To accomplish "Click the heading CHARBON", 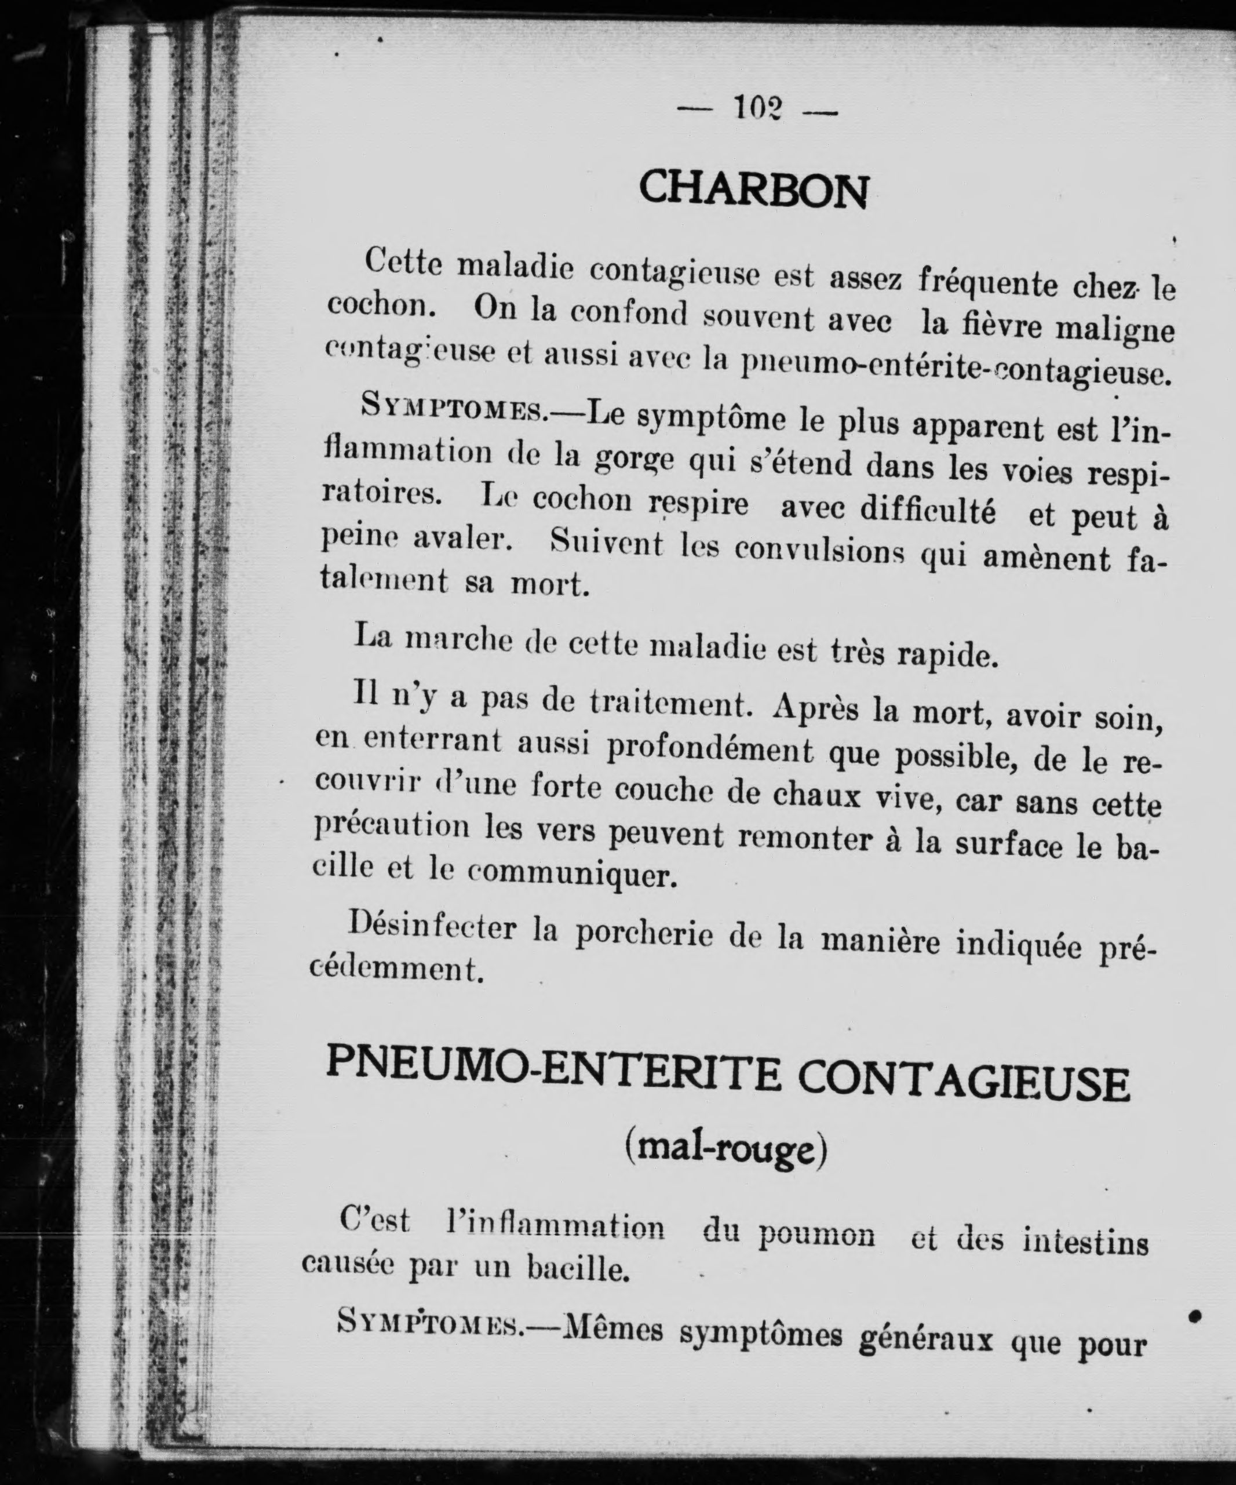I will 754,190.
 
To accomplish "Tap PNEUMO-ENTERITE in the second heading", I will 552,1079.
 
